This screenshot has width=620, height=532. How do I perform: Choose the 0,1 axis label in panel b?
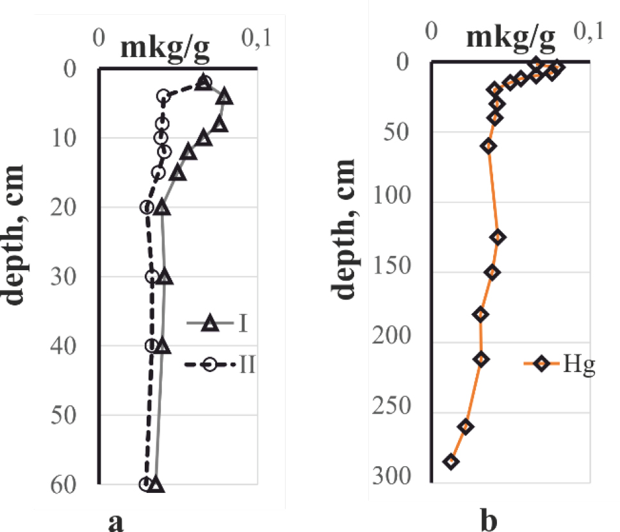589,31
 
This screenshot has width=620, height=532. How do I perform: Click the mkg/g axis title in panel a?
165,47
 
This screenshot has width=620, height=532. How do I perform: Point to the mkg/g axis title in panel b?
510,38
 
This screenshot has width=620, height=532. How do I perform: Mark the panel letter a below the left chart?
115,522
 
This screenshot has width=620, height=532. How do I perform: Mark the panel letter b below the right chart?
488,522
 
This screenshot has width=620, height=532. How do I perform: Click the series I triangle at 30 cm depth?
165,277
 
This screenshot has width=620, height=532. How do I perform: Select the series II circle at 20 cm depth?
147,207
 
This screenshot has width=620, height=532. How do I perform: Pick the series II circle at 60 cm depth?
146,484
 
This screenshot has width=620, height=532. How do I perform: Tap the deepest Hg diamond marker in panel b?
452,462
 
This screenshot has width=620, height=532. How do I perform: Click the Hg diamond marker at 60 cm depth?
489,146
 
